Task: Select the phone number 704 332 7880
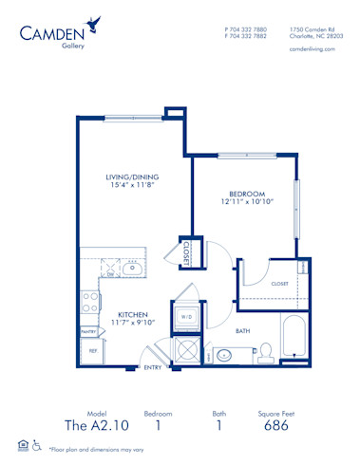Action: coord(249,29)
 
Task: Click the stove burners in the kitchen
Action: coord(91,303)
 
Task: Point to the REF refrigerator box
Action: coord(93,351)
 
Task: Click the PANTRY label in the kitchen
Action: coord(88,332)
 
